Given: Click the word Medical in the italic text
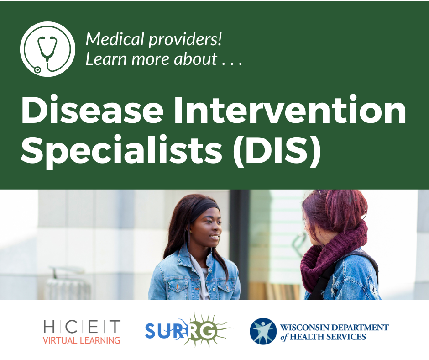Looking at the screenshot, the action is (115, 39).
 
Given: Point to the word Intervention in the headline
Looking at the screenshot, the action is (290, 110).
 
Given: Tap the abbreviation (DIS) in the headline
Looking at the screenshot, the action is (277, 150).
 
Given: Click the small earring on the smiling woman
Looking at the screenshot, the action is (190, 232).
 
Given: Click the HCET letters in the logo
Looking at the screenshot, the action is (82, 326).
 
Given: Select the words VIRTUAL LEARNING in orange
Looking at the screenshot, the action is (82, 340).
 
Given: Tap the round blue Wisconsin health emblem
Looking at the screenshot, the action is (263, 331).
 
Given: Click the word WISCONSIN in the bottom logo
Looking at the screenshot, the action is (304, 328).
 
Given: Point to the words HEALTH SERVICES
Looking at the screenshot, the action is (328, 337).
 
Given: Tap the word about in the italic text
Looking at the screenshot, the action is (196, 58).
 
